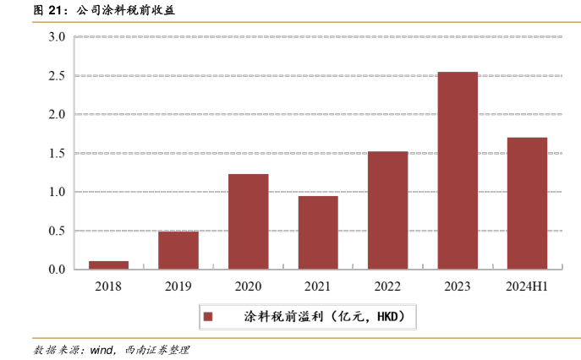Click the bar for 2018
click(x=108, y=265)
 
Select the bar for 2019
click(x=178, y=250)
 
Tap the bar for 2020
click(x=249, y=221)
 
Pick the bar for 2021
click(x=318, y=232)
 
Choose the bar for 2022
click(x=388, y=210)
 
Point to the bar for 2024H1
click(x=527, y=203)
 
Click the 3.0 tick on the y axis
click(x=57, y=37)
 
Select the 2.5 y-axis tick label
click(x=57, y=76)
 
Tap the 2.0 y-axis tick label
click(x=57, y=115)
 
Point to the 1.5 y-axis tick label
click(x=57, y=154)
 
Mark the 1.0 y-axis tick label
click(x=57, y=192)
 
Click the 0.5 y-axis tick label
click(x=57, y=231)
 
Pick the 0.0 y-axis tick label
click(x=57, y=270)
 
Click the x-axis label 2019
click(x=178, y=286)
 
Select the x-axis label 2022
click(x=388, y=286)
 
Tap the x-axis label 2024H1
click(x=527, y=286)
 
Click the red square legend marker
click(x=208, y=317)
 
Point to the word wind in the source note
click(x=101, y=349)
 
